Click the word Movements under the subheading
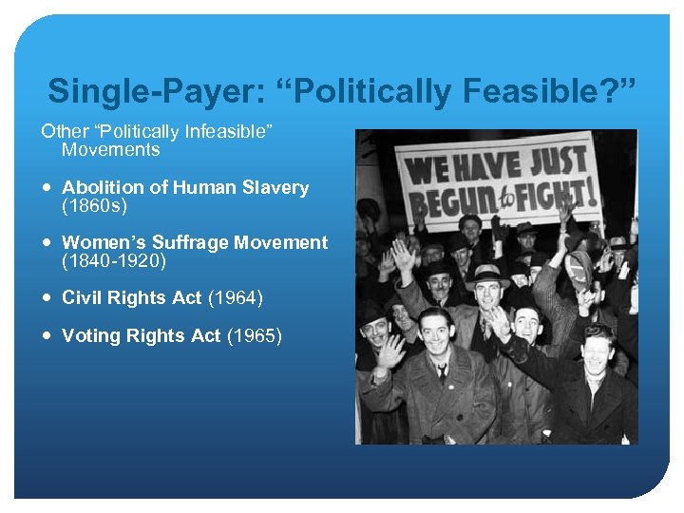[x=110, y=149]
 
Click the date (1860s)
[x=92, y=204]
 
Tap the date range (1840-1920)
[x=113, y=259]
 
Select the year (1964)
[x=235, y=298]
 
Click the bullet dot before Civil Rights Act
[x=47, y=298]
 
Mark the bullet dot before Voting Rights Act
[x=47, y=335]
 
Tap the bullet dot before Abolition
[x=47, y=188]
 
